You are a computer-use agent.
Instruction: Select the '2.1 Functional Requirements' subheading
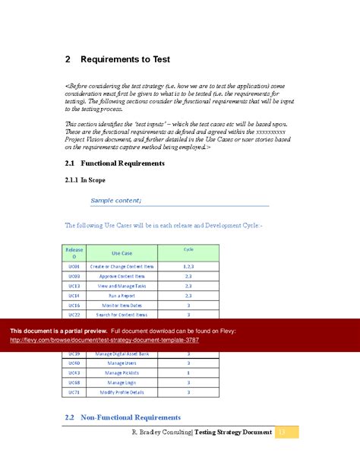(116, 163)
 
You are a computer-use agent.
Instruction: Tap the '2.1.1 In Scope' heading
(88, 180)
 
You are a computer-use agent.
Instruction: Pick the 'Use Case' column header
(122, 253)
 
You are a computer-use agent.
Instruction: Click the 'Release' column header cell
(74, 253)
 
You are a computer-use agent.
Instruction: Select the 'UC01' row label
(74, 267)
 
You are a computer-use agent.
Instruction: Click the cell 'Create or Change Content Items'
(122, 267)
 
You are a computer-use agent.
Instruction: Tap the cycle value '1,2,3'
(188, 267)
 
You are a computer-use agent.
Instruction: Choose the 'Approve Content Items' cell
(122, 277)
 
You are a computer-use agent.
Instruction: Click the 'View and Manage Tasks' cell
(122, 286)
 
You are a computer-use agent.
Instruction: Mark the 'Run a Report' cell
(122, 295)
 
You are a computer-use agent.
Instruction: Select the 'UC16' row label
(74, 304)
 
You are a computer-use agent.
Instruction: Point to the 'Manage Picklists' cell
(122, 372)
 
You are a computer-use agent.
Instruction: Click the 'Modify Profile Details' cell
(122, 392)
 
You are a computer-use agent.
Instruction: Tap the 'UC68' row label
(74, 382)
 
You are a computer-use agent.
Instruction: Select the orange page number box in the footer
(286, 432)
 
